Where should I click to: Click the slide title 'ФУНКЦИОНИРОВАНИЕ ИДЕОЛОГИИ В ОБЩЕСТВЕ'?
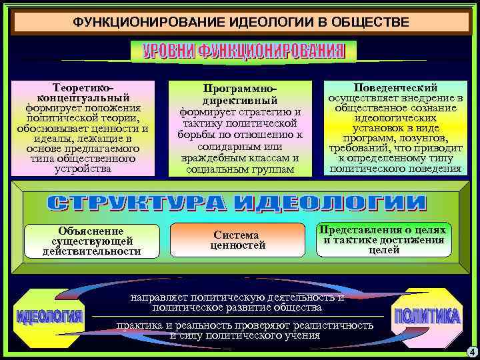coord(241,23)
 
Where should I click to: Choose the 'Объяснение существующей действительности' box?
coord(92,241)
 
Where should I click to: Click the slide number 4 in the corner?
coord(471,351)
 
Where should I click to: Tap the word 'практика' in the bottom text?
coord(139,325)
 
